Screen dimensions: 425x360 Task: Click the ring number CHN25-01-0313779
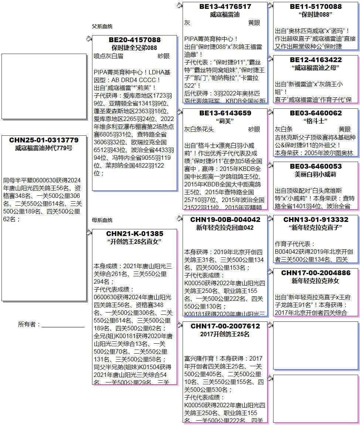point(44,140)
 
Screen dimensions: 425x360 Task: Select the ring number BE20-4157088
point(135,40)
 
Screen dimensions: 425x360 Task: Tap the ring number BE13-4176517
point(225,7)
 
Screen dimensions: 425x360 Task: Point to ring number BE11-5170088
point(315,7)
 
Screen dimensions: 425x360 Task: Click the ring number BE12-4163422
point(315,60)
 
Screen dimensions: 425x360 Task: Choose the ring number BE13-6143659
point(225,113)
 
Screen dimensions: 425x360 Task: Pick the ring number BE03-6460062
point(315,113)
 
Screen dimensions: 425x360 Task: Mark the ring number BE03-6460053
point(315,166)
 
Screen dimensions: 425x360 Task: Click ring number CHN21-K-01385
point(135,234)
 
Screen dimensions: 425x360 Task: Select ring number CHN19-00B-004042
point(225,220)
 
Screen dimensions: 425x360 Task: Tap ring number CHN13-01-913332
point(315,220)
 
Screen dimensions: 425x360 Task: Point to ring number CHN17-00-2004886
point(315,273)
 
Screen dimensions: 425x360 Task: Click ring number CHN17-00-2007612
point(225,326)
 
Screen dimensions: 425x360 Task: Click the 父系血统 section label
point(102,27)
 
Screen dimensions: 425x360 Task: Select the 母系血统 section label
point(102,220)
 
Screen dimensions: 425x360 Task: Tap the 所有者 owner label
point(29,324)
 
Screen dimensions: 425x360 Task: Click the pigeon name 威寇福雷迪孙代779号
point(44,148)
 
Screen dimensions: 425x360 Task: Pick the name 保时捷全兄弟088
point(135,48)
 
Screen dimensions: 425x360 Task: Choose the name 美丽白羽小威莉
point(315,174)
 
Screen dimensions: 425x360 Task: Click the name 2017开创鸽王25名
point(225,334)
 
